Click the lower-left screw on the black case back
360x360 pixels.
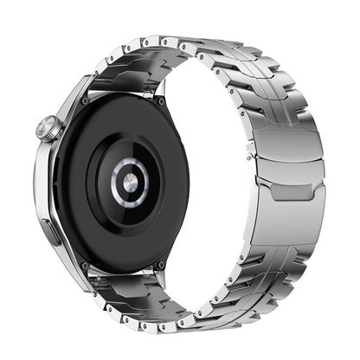point(84,265)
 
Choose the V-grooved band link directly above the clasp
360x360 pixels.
point(281,95)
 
